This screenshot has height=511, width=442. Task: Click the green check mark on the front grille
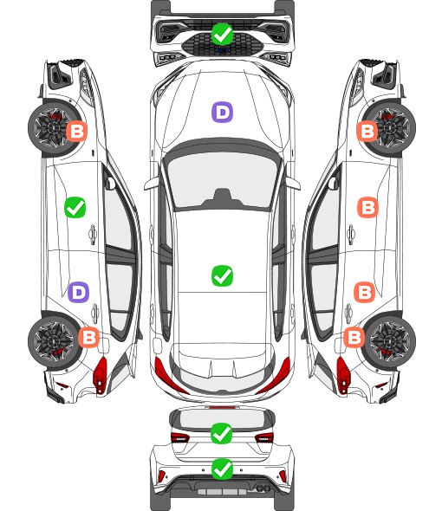222,34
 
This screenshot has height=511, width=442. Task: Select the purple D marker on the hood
222,112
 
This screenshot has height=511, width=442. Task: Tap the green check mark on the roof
222,275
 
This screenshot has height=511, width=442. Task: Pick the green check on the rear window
222,433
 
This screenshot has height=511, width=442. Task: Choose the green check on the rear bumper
222,469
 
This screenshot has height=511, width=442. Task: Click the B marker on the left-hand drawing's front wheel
77,132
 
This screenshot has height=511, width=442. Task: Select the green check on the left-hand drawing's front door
75,207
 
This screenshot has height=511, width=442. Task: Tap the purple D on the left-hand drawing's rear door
78,293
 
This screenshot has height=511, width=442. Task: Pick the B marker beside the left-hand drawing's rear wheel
88,337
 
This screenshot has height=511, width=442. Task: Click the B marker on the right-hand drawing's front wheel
367,132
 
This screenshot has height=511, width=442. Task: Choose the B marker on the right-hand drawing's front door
368,207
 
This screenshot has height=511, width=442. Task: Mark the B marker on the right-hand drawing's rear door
364,293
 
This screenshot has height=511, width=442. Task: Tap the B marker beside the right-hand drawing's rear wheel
354,337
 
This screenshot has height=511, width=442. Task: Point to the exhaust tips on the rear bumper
263,488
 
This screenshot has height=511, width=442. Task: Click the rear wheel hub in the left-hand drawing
53,341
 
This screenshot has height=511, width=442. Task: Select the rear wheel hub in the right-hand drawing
390,341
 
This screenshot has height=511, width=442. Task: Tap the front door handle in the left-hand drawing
93,234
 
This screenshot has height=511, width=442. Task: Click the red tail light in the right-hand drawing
342,375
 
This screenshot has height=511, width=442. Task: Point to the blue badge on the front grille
222,50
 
